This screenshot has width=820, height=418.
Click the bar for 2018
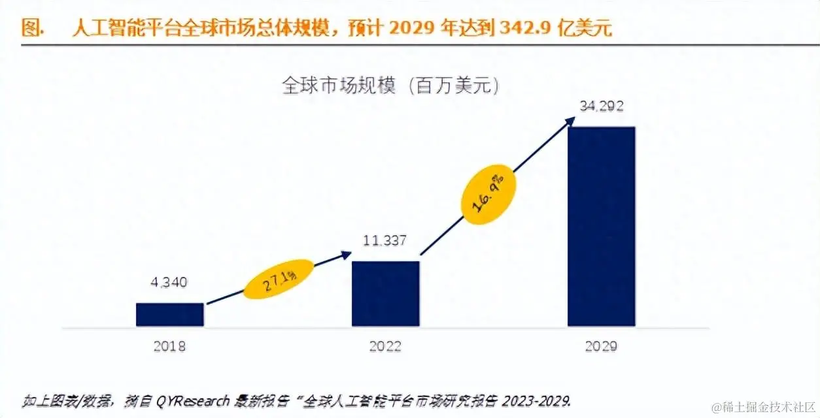pyautogui.click(x=169, y=314)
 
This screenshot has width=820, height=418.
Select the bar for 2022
pyautogui.click(x=385, y=293)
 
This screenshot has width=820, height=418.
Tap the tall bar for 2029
pyautogui.click(x=601, y=226)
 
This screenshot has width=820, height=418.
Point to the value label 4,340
pyautogui.click(x=169, y=282)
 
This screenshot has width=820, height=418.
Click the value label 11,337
pyautogui.click(x=385, y=241)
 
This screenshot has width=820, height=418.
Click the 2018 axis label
pyautogui.click(x=169, y=346)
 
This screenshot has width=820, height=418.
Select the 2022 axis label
pyautogui.click(x=385, y=346)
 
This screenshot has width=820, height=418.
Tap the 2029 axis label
pyautogui.click(x=601, y=346)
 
